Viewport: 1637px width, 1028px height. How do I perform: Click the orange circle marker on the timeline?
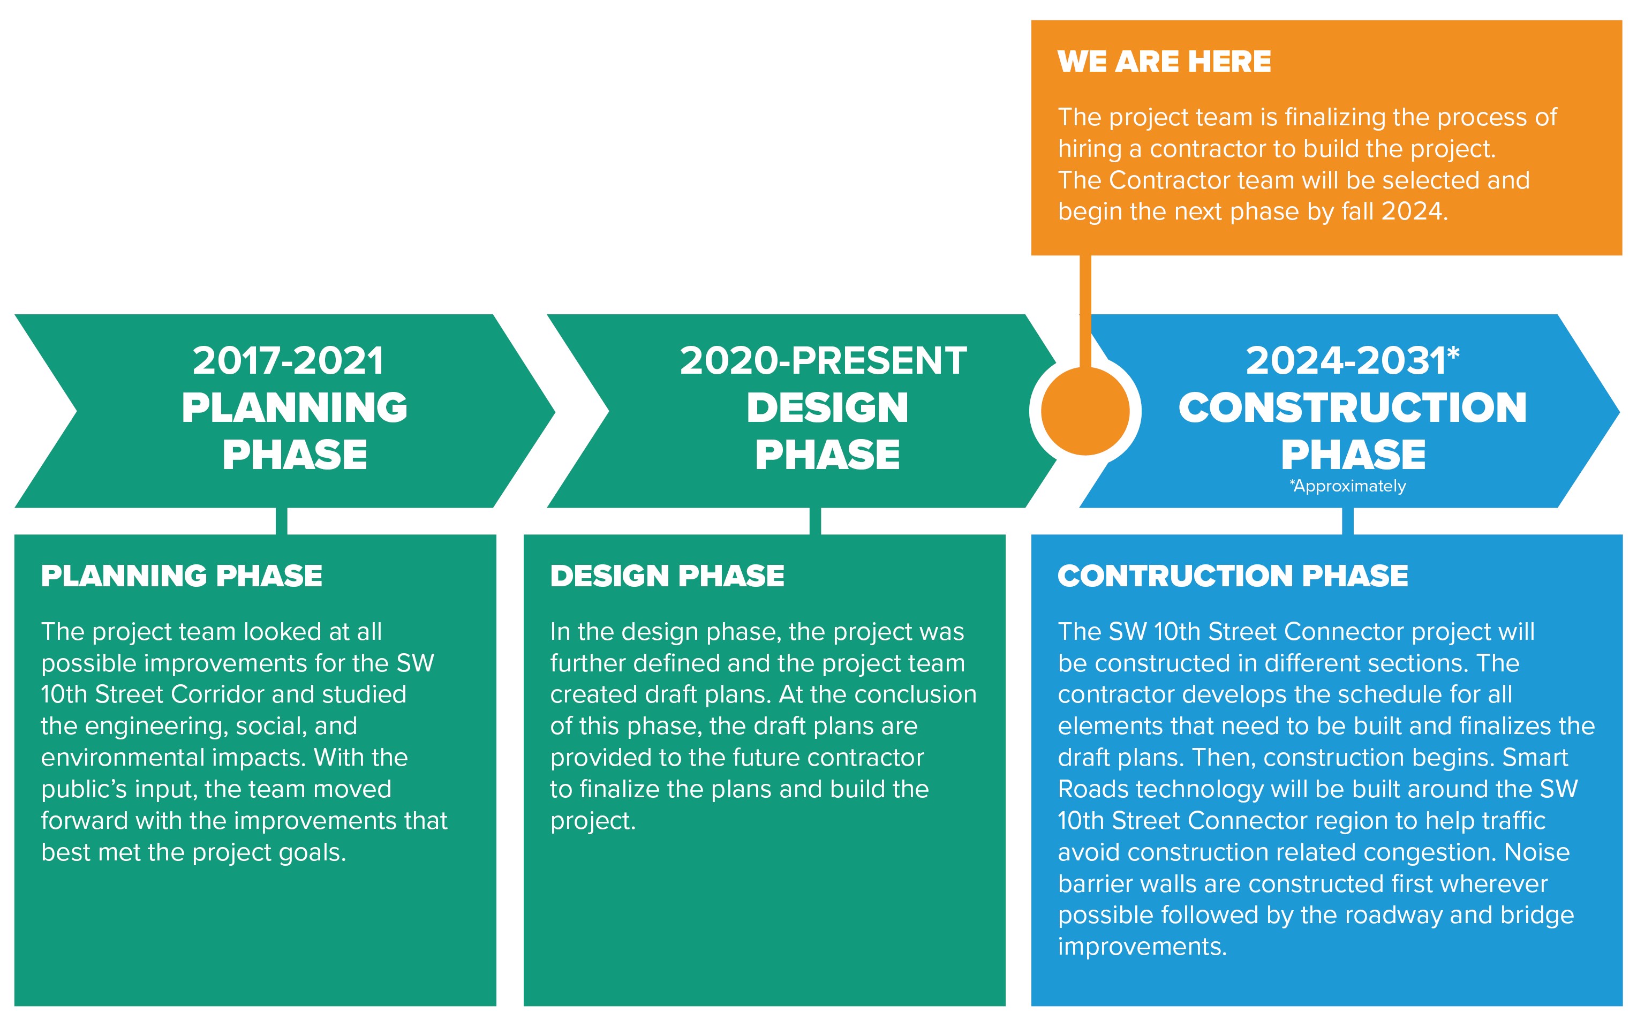pos(1085,411)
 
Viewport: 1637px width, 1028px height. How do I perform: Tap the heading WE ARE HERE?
pos(1164,62)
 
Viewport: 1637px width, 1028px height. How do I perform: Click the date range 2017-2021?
pos(288,360)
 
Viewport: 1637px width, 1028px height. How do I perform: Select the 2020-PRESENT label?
pos(823,360)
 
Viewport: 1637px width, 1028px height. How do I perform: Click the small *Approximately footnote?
pos(1347,486)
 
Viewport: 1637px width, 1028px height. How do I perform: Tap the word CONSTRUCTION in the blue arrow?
pos(1353,407)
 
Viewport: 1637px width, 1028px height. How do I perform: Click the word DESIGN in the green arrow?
pos(827,407)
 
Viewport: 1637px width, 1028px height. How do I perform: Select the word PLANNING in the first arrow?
pos(295,407)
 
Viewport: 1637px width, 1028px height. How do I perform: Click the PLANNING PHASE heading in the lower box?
pos(182,576)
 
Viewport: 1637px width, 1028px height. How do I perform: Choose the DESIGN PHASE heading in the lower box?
pos(667,576)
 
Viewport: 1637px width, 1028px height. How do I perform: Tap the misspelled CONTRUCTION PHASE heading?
pos(1233,576)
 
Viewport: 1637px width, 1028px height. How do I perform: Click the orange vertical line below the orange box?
pos(1085,312)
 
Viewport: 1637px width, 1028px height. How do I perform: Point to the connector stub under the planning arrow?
pos(282,521)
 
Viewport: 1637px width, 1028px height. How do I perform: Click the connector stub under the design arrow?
pos(815,521)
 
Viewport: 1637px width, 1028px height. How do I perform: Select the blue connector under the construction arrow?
pos(1347,521)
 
